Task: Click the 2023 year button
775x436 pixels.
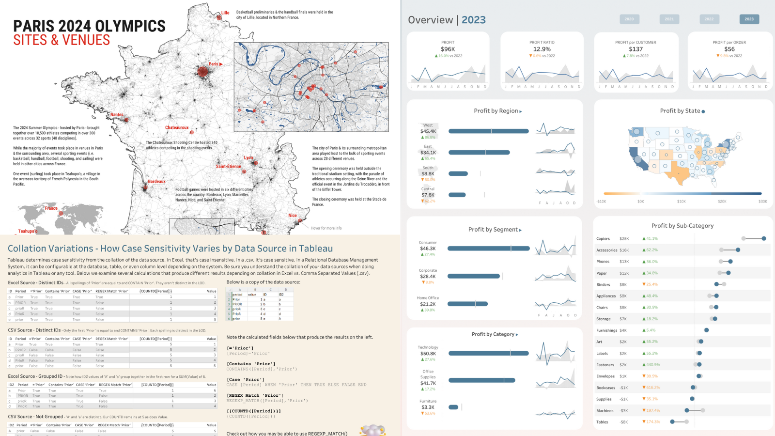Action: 749,19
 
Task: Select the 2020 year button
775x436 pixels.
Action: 629,19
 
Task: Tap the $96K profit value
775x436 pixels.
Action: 448,49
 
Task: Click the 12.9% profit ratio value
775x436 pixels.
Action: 542,49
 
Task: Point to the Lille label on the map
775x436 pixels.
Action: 225,13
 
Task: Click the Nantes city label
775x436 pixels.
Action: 117,115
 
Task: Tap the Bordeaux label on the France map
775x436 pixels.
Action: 156,182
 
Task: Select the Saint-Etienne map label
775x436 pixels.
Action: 228,166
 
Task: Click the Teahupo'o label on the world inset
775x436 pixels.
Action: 27,231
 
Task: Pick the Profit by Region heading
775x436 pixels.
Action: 496,111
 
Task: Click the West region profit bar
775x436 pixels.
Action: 488,131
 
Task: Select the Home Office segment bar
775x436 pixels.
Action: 467,304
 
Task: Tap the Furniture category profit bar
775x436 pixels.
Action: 453,407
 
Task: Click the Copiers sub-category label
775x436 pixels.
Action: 603,238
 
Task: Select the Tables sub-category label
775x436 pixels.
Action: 602,422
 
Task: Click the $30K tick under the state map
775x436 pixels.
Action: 762,202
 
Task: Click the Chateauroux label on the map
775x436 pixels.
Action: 176,127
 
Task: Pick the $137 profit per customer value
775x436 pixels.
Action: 635,49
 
